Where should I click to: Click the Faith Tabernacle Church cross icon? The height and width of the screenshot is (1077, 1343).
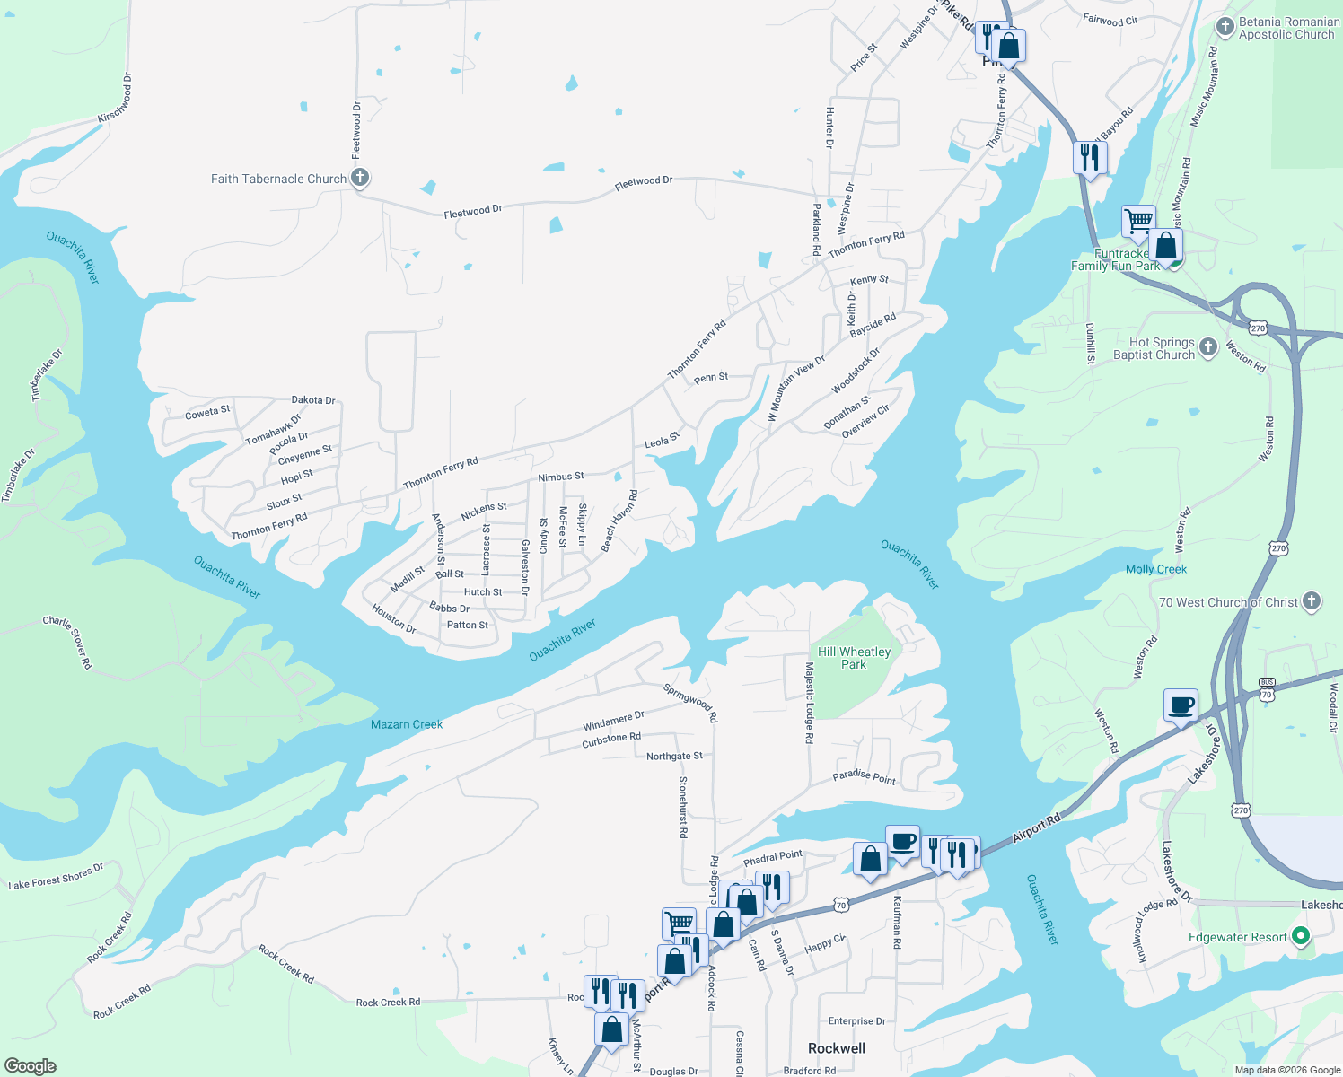[359, 178]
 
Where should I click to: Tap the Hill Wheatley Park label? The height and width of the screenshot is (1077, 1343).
[854, 658]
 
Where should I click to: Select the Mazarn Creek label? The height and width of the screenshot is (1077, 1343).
[407, 724]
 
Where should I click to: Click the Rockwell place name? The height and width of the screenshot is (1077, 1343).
[836, 1048]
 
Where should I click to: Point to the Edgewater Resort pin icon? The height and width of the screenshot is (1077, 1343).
[1301, 937]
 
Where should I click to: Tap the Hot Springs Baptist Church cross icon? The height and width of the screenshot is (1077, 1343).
[1208, 347]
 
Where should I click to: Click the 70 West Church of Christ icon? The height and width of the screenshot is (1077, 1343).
[1312, 601]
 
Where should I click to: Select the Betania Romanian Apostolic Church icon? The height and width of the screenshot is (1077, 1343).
[1224, 27]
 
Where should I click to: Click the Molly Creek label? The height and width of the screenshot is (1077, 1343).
[1155, 569]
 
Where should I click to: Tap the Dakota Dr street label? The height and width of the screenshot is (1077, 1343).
[313, 400]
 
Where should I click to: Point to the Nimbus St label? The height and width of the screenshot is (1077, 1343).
[561, 477]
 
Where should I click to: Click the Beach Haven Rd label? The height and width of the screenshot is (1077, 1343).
[619, 521]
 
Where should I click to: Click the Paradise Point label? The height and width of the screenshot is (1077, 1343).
[864, 777]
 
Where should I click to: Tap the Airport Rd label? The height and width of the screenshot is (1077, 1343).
[1036, 827]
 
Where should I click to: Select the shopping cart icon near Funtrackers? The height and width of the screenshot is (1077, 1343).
[1137, 221]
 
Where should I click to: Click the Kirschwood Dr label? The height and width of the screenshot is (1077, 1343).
[116, 100]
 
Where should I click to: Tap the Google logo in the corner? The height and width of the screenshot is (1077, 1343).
[31, 1066]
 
